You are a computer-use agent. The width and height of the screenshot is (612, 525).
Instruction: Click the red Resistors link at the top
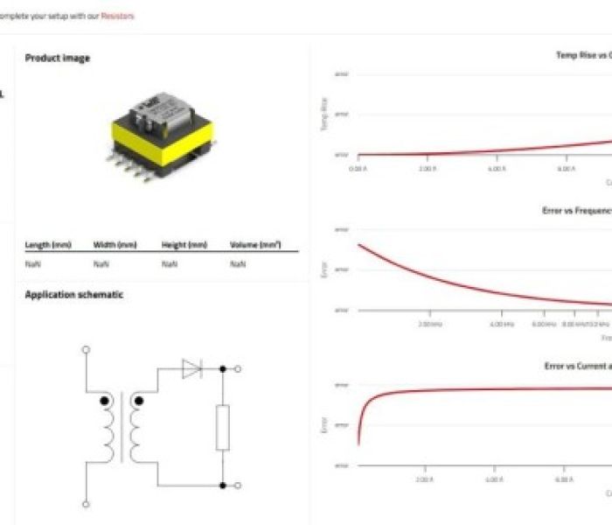coord(118,16)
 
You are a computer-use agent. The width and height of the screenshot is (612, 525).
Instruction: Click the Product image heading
coord(57,59)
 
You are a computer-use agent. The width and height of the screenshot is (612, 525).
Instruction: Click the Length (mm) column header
coord(47,245)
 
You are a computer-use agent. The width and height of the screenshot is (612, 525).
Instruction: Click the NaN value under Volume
coord(237,263)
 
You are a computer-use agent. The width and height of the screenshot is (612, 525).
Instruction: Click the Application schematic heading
coord(73,295)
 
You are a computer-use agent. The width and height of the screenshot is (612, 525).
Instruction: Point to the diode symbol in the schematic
coord(191,369)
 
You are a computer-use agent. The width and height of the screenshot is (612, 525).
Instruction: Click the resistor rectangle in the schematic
coord(223,428)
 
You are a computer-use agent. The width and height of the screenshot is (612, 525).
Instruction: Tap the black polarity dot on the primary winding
coord(106,402)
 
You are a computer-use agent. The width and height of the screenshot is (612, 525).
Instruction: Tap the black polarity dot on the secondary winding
coord(136,402)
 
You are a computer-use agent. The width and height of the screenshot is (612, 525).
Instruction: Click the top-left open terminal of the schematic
coord(86,349)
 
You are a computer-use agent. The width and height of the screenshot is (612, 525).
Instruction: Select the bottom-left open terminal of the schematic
coord(86,504)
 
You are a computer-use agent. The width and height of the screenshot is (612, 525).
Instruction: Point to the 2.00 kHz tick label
coord(429,324)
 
